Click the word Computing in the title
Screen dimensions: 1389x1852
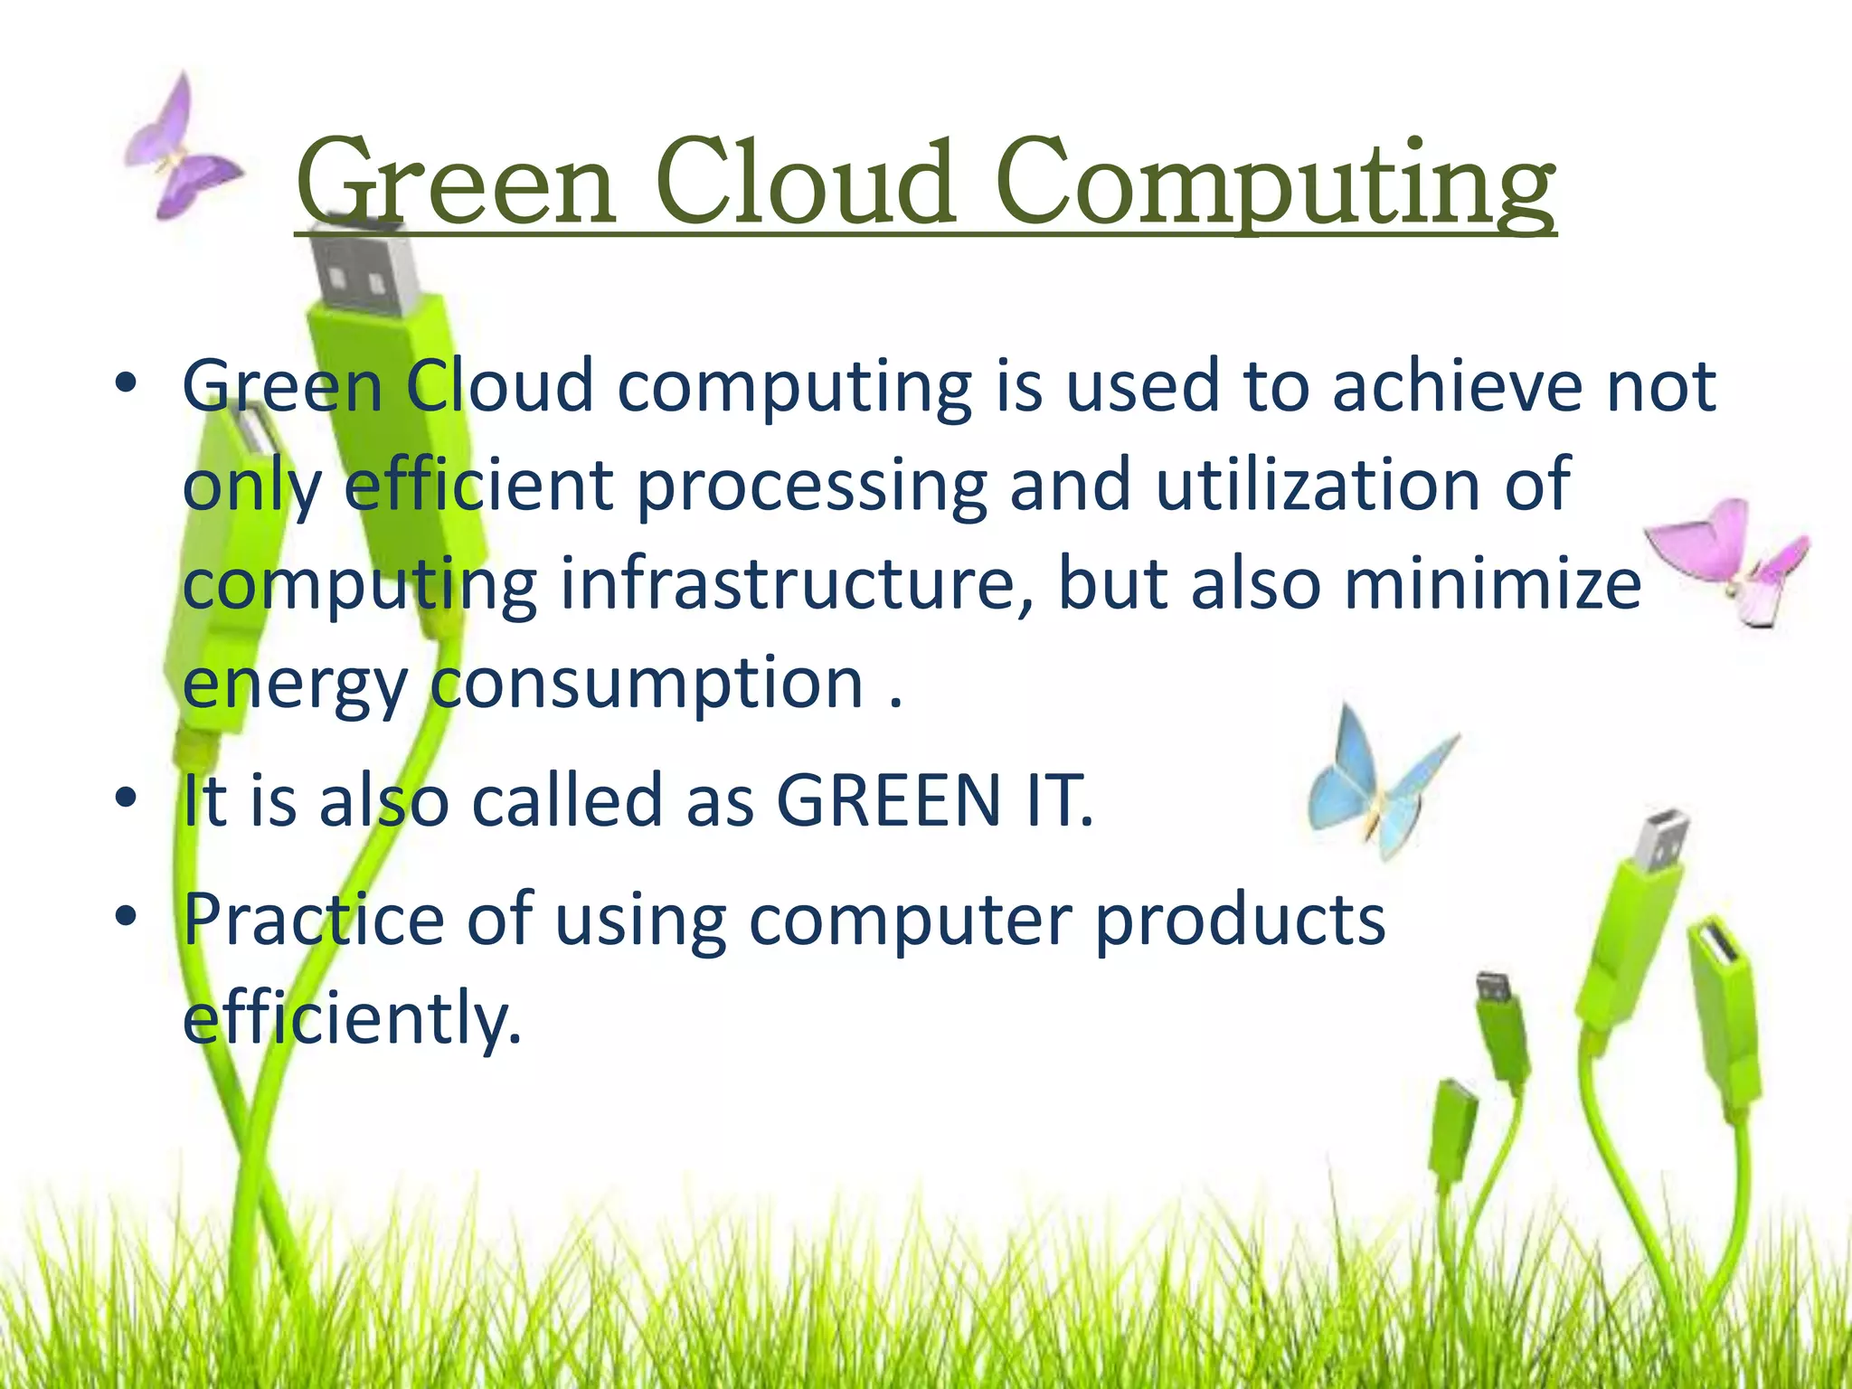pos(1275,185)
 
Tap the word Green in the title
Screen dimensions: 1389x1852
pos(457,185)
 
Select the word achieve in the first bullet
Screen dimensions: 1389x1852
pos(1456,387)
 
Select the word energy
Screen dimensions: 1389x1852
pos(295,685)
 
